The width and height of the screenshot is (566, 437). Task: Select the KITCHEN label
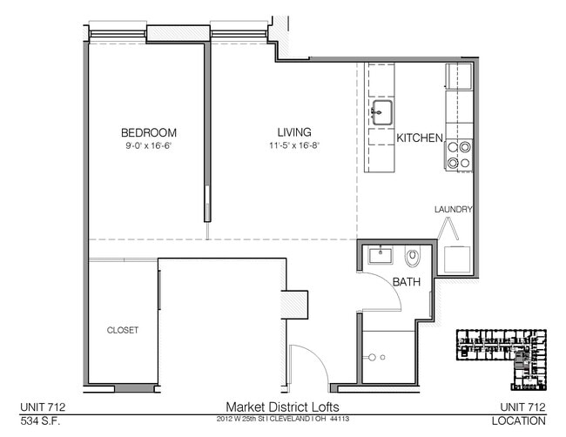[x=421, y=138]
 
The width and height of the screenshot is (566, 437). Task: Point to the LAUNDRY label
[x=454, y=209]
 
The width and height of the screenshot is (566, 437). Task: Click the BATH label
[x=406, y=282]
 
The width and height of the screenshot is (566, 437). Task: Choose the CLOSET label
[x=123, y=330]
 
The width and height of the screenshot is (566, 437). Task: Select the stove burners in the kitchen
[x=459, y=154]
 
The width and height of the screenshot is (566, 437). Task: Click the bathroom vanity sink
[x=381, y=255]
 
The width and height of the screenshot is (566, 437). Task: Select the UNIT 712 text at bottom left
[x=44, y=407]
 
